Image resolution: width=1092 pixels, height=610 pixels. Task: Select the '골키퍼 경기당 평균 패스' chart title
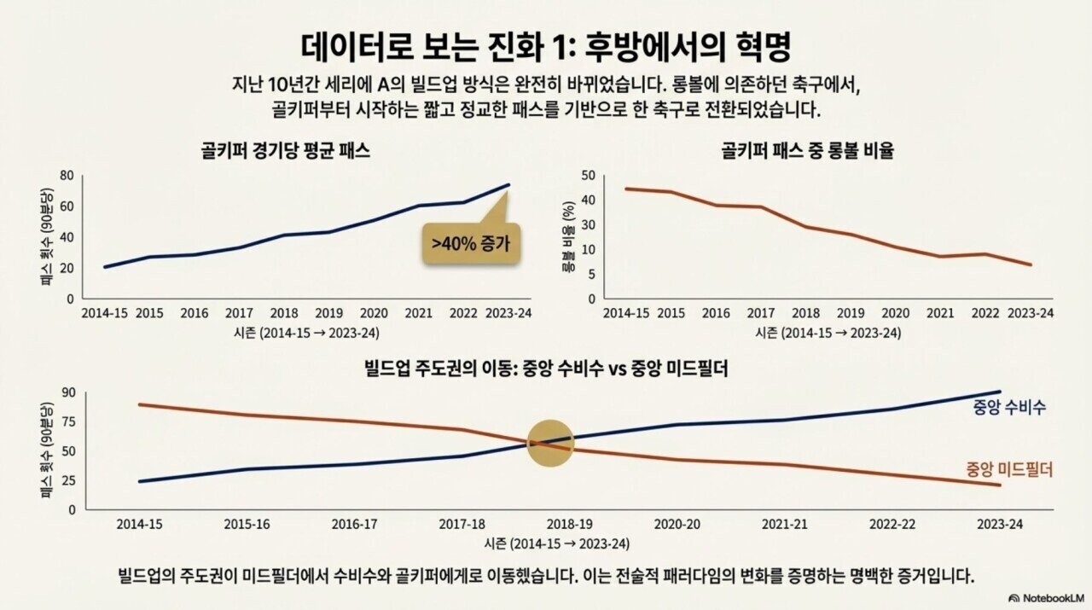tap(285, 150)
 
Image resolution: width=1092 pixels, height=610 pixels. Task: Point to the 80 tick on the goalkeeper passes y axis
tap(67, 176)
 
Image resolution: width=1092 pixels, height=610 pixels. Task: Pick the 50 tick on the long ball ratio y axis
tap(587, 176)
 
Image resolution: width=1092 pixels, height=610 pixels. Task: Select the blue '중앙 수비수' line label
tap(1008, 407)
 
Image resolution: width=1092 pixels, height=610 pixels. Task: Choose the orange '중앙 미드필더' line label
tap(1009, 469)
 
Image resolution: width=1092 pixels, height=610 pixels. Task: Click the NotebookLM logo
tap(1047, 598)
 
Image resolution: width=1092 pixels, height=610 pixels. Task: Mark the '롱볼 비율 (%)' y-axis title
tap(566, 236)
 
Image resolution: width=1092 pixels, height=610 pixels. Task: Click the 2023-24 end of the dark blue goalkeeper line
tap(509, 184)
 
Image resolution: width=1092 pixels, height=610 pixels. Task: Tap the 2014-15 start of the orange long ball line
tap(627, 189)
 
